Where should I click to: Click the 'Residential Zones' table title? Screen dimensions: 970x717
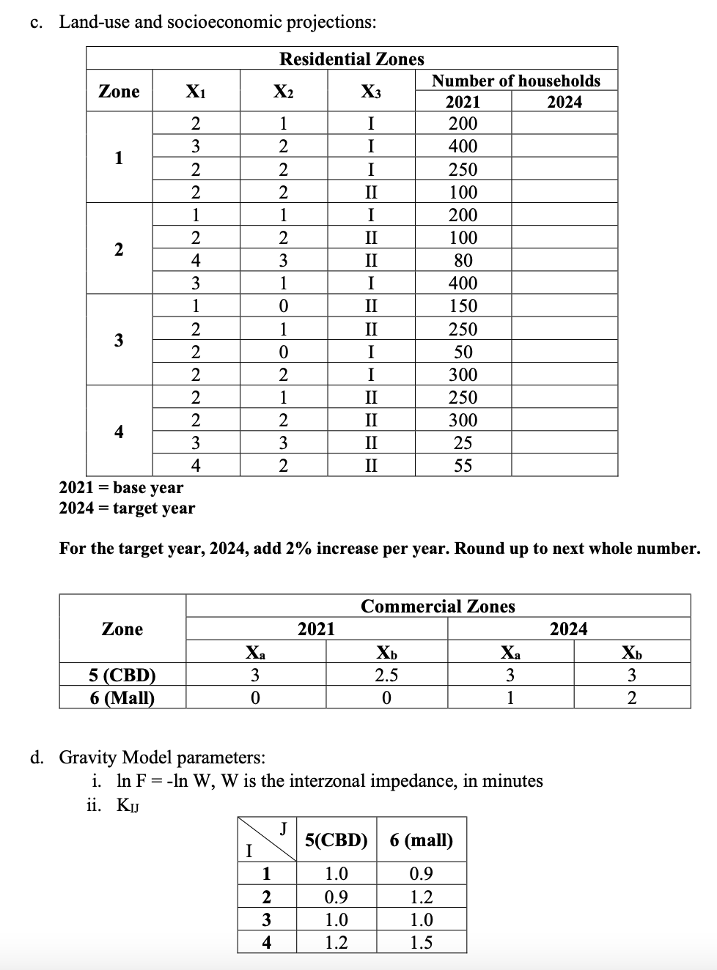click(x=352, y=59)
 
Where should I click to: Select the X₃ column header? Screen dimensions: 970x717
click(x=371, y=92)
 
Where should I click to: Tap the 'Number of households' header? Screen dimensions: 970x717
click(x=515, y=81)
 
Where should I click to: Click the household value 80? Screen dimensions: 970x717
click(x=463, y=261)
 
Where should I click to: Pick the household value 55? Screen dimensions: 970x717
click(x=463, y=466)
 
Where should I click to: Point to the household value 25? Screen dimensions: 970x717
click(x=463, y=443)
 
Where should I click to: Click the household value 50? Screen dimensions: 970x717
click(x=463, y=352)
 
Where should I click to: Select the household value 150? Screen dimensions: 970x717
click(x=463, y=306)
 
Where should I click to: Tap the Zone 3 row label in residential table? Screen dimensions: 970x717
click(x=119, y=341)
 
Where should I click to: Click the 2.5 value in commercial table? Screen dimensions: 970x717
click(x=386, y=675)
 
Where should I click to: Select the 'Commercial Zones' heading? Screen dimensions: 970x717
click(x=438, y=607)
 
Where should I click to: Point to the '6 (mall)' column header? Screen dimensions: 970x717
click(x=422, y=840)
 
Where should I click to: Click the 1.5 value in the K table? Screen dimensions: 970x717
click(x=422, y=942)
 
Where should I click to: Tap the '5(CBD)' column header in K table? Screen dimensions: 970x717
click(x=336, y=840)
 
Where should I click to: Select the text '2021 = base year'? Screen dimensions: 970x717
click(x=121, y=488)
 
